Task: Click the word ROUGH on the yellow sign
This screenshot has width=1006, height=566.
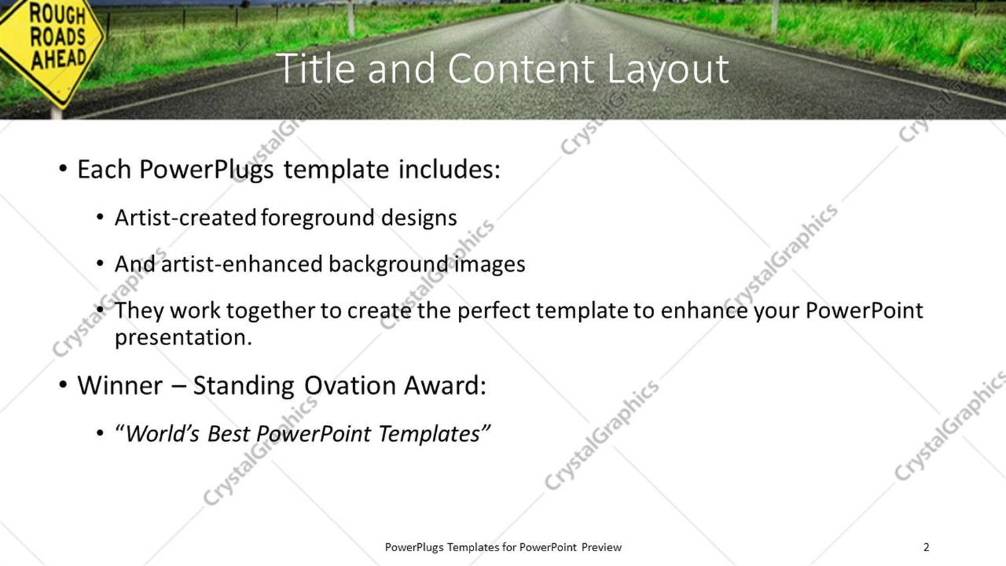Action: point(57,14)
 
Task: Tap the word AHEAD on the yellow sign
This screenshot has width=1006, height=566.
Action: point(59,59)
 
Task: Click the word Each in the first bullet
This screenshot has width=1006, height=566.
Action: point(104,169)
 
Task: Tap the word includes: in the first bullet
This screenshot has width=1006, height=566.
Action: point(449,169)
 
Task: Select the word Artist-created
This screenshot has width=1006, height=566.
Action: point(185,217)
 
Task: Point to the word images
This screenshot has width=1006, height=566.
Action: point(490,264)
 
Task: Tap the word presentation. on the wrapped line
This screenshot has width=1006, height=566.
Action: point(183,337)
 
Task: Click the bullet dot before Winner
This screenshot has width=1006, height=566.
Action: point(62,385)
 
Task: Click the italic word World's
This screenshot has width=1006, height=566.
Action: point(163,434)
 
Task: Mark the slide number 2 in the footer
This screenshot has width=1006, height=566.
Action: point(926,547)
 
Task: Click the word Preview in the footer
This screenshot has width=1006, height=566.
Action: point(601,547)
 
